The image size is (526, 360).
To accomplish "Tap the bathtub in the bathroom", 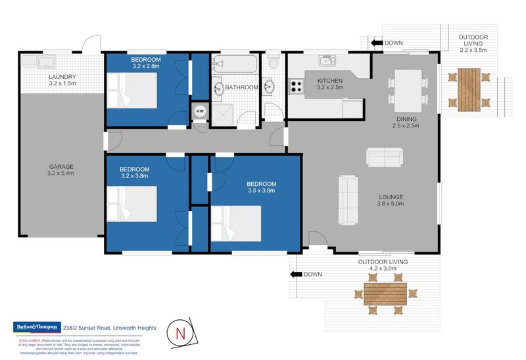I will click(236, 66).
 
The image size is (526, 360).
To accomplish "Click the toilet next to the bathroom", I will click(275, 63).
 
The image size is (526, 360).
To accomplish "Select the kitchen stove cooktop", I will click(297, 85).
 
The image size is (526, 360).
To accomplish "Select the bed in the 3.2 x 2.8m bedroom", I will click(136, 89).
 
